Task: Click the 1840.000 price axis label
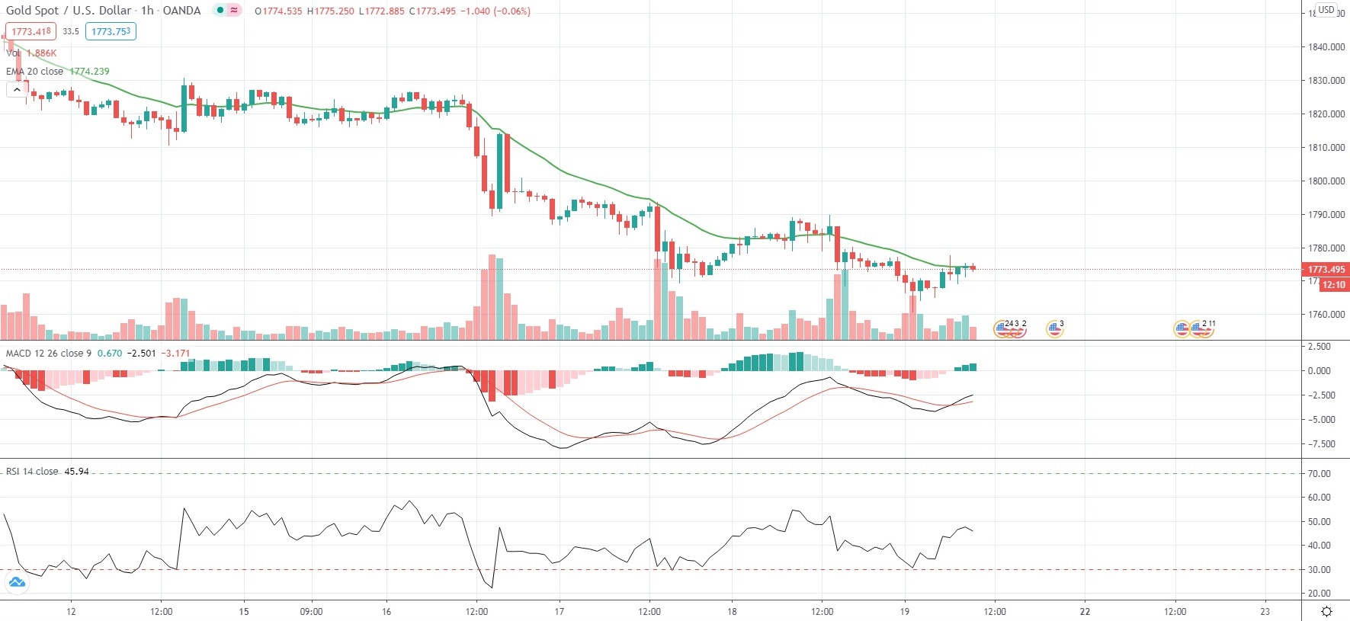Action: pyautogui.click(x=1326, y=47)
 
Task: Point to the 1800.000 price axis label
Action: pyautogui.click(x=1326, y=181)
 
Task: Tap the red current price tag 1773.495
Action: pyautogui.click(x=1326, y=270)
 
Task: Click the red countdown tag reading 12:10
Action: pyautogui.click(x=1333, y=285)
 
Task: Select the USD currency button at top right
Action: pyautogui.click(x=1326, y=10)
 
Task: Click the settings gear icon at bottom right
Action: pyautogui.click(x=1326, y=611)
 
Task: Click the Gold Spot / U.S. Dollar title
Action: pyautogui.click(x=69, y=11)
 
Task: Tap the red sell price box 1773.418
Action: pyautogui.click(x=30, y=31)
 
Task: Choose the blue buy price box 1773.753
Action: pyautogui.click(x=111, y=31)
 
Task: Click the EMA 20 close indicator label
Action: pyautogui.click(x=34, y=72)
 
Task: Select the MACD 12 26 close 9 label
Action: pyautogui.click(x=49, y=354)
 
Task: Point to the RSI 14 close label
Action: pyautogui.click(x=32, y=472)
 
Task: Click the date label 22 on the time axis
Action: pyautogui.click(x=1085, y=611)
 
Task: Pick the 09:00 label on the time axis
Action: pyautogui.click(x=311, y=611)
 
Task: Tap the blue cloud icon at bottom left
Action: pyautogui.click(x=17, y=583)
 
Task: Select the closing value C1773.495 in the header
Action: pyautogui.click(x=432, y=11)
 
